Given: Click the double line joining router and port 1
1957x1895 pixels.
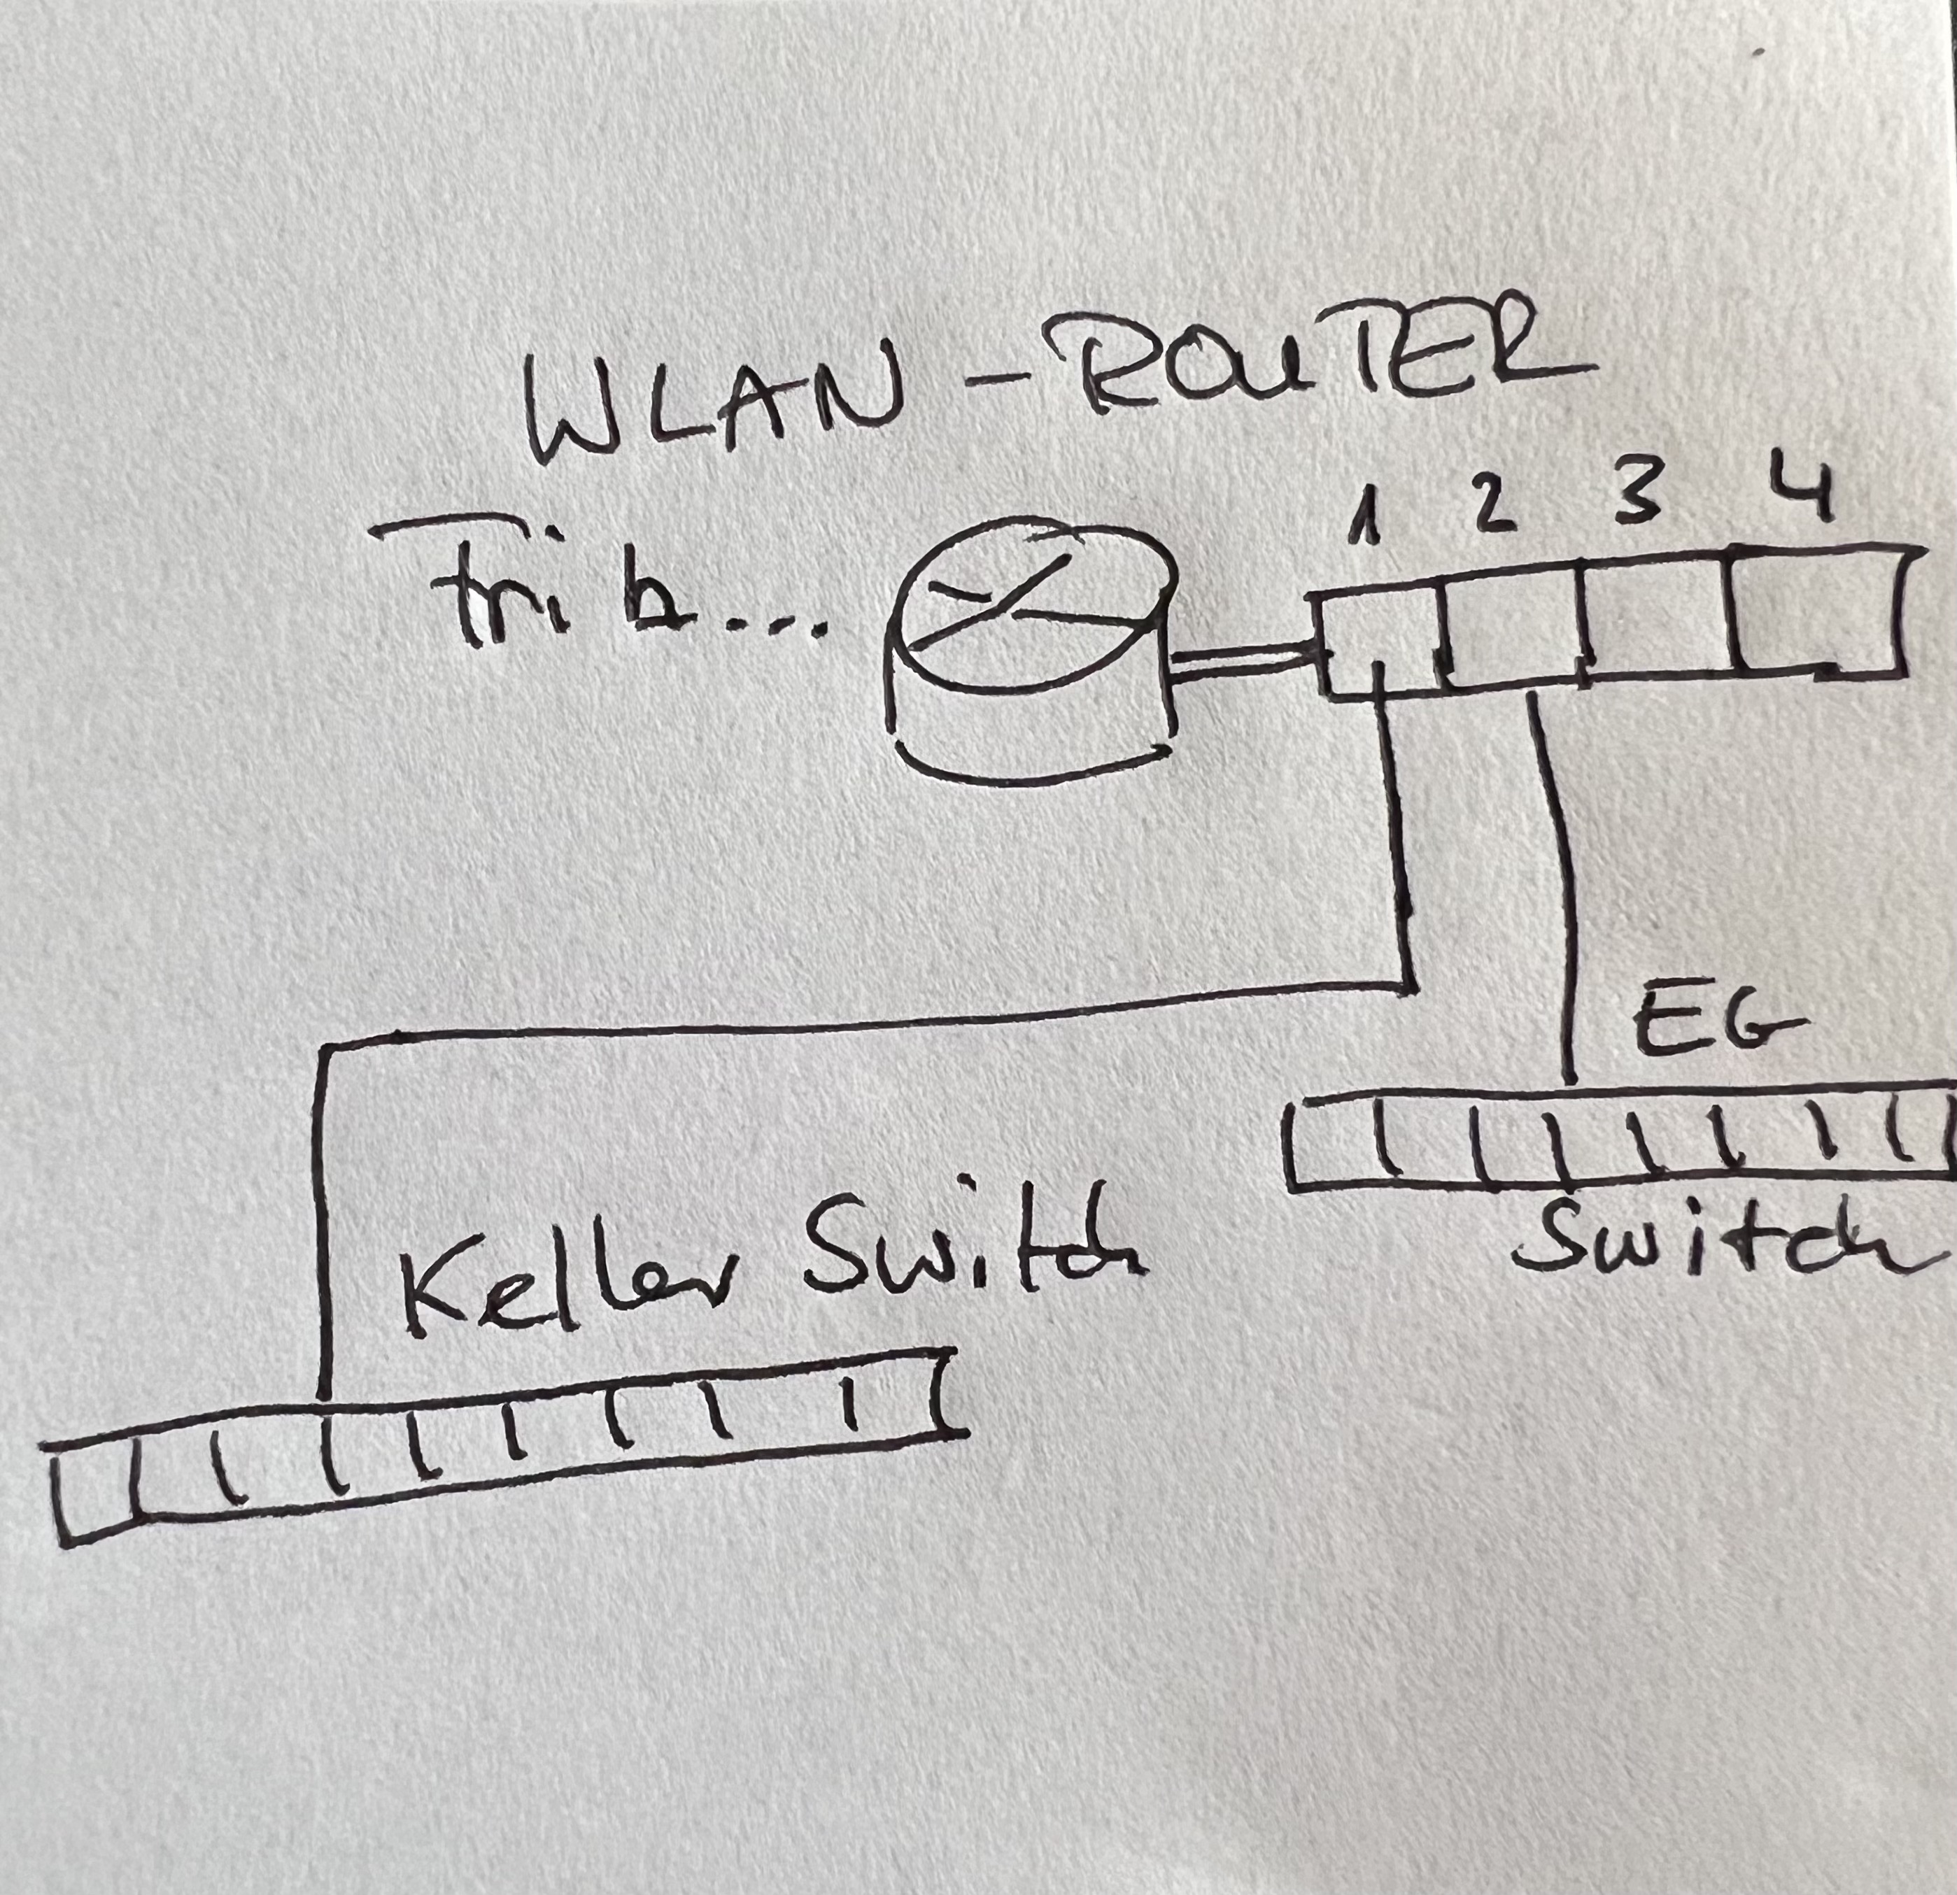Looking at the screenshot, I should tap(1238, 662).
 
